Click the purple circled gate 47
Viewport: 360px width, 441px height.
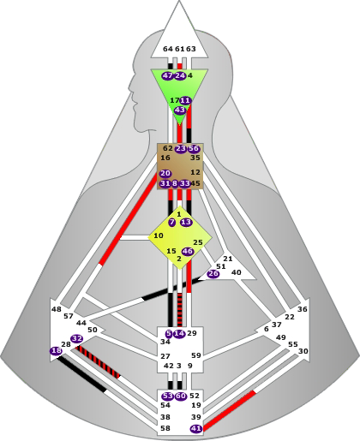pos(167,75)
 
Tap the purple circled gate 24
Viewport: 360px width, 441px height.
pos(180,75)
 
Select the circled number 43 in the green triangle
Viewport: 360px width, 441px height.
pos(180,110)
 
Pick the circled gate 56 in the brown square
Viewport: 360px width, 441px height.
pos(194,148)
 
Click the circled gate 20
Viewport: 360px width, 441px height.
pos(165,173)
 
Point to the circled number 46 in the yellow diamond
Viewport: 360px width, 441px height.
pos(188,252)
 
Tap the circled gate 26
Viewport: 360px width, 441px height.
pos(213,274)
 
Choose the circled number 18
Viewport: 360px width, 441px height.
pos(56,351)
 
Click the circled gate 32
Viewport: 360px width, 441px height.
pos(76,339)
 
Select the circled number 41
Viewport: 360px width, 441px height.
pos(196,428)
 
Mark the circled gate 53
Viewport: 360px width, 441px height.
pos(168,396)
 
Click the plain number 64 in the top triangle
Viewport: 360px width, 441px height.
pos(168,49)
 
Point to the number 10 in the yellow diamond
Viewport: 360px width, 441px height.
pos(159,235)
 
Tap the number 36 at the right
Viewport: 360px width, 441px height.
pos(303,309)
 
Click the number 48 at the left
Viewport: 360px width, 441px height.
pos(57,309)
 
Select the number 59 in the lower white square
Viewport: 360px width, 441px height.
pos(196,355)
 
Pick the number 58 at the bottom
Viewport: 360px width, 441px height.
pos(165,428)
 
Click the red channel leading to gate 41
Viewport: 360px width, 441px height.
pos(230,410)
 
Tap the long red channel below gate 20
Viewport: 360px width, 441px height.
pos(128,219)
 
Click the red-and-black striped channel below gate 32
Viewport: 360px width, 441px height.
pos(98,362)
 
